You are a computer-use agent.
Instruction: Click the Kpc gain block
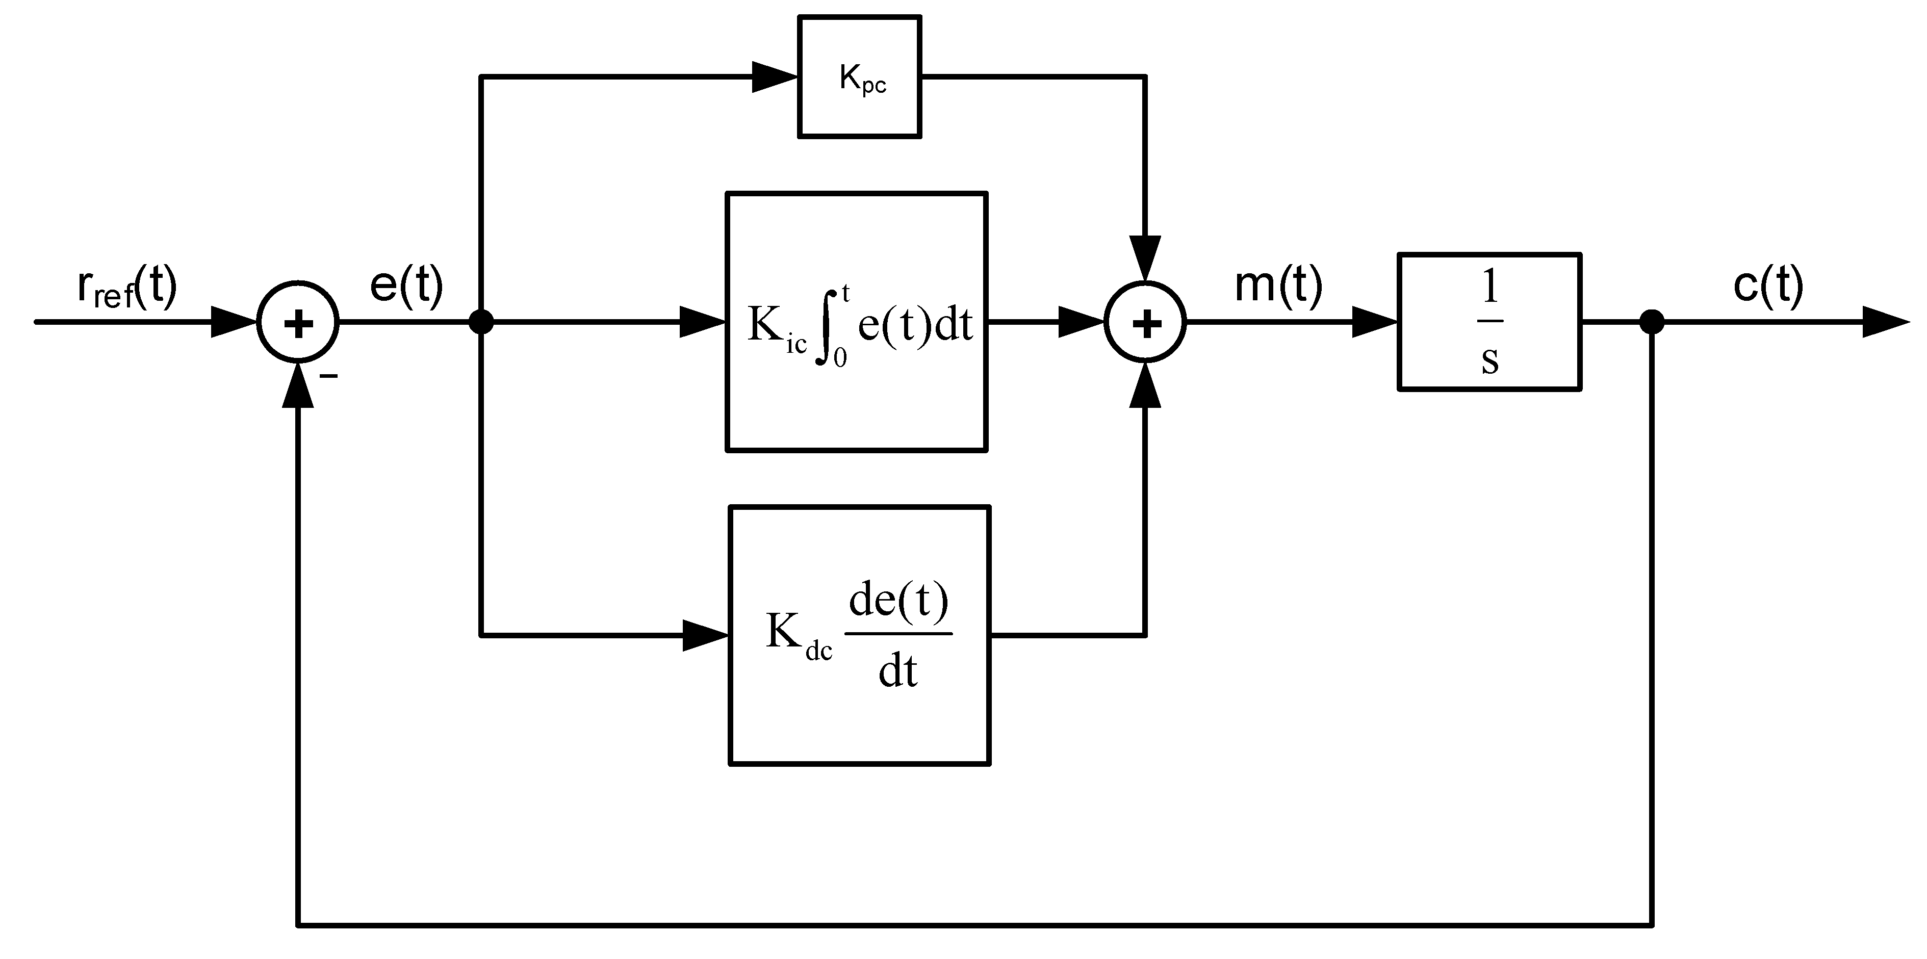[860, 77]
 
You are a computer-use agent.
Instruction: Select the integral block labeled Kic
[857, 322]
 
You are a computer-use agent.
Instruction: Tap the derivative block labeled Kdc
[860, 636]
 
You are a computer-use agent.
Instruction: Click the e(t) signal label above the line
[406, 285]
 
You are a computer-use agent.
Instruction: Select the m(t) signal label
[1278, 285]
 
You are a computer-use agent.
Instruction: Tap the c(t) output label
[1768, 285]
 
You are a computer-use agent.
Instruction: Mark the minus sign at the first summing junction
[328, 376]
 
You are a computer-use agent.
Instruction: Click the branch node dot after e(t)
[480, 322]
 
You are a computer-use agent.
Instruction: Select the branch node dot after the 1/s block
[1652, 322]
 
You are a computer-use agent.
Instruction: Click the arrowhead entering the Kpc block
[774, 76]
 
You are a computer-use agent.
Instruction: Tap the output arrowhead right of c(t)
[1885, 322]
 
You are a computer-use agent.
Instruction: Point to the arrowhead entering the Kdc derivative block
[705, 636]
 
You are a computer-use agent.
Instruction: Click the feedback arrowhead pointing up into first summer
[298, 387]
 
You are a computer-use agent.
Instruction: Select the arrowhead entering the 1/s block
[1375, 322]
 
